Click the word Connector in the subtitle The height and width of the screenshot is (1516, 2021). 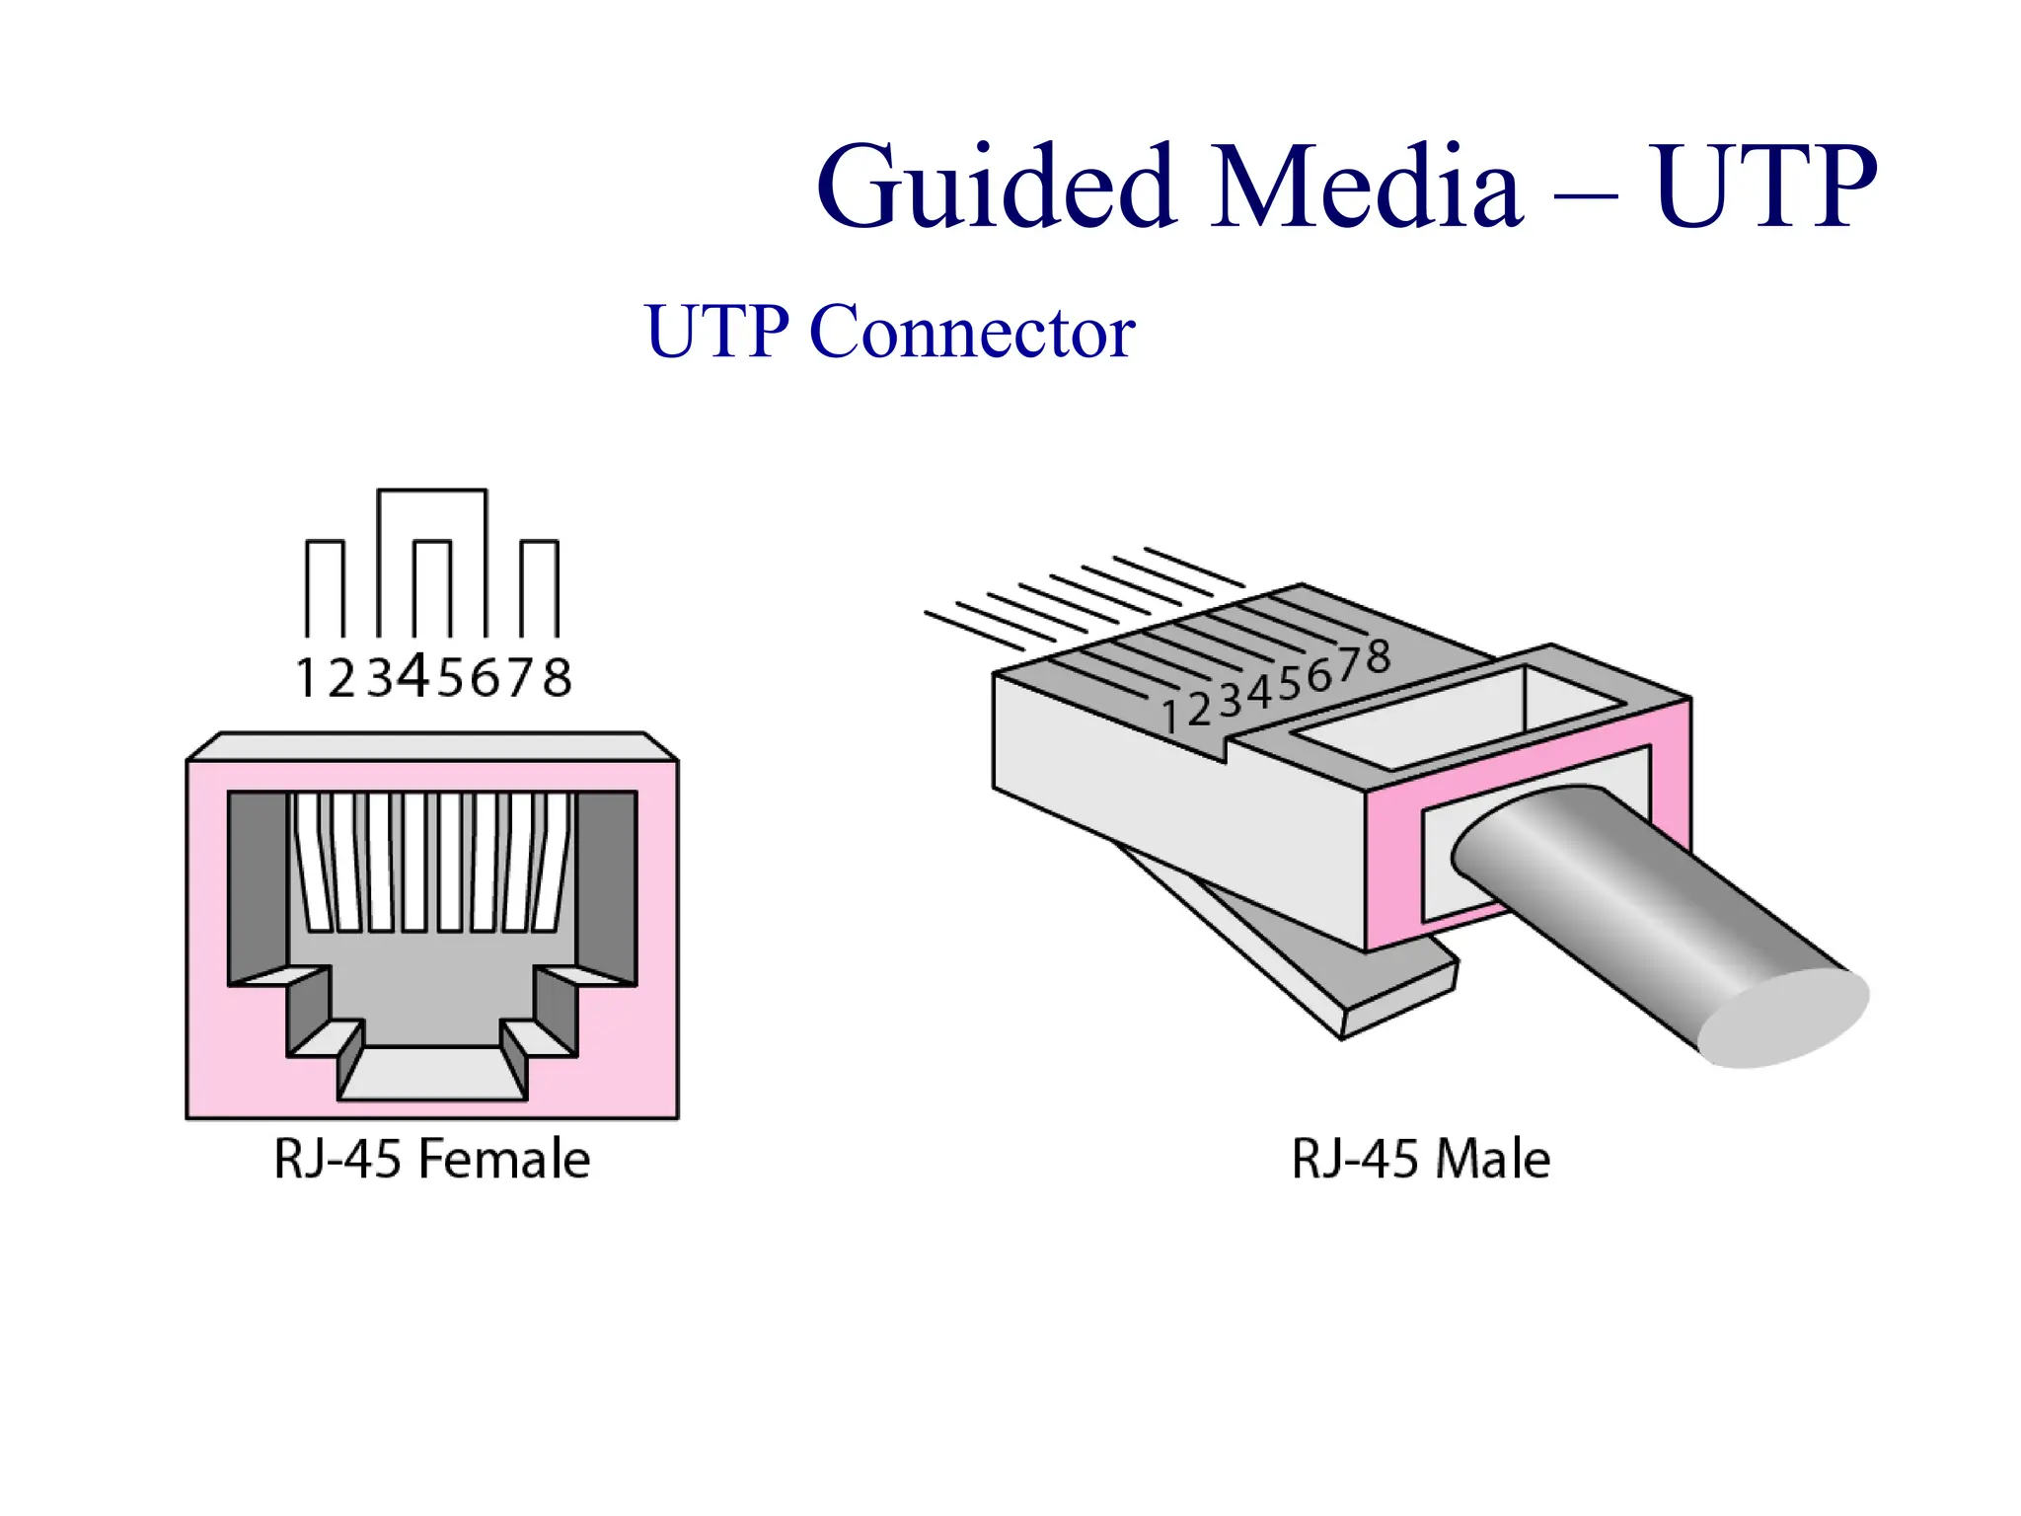(x=972, y=332)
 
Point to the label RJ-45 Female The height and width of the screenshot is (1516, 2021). (x=432, y=1159)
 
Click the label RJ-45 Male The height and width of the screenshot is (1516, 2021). (x=1421, y=1159)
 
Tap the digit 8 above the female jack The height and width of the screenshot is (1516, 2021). (x=558, y=678)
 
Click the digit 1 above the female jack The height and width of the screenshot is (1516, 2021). (x=306, y=678)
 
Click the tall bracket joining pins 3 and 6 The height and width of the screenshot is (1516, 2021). (x=432, y=491)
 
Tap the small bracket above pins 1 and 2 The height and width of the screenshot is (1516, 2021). (x=325, y=543)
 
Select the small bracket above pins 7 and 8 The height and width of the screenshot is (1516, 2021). (x=539, y=543)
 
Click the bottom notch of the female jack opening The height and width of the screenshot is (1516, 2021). (x=432, y=1074)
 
